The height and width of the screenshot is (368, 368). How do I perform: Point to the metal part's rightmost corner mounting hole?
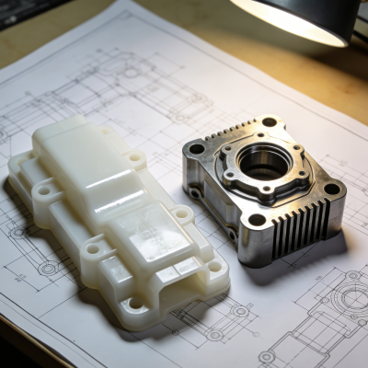click(x=331, y=188)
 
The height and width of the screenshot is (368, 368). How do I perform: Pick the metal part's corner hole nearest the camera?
click(x=259, y=220)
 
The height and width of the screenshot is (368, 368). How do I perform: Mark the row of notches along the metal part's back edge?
click(x=230, y=129)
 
